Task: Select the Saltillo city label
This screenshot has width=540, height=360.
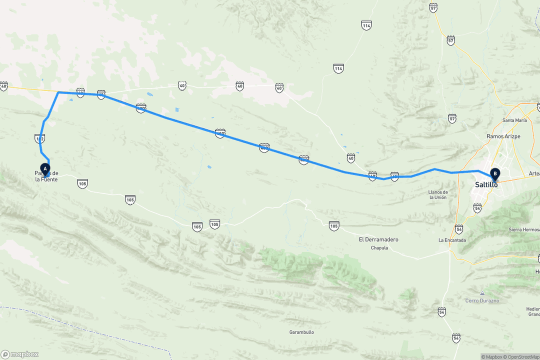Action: point(486,184)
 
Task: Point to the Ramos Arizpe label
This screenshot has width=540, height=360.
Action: point(500,136)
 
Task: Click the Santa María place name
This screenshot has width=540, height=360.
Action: point(514,120)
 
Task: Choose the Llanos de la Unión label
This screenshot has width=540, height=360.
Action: point(437,194)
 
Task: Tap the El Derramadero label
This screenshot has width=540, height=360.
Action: point(378,239)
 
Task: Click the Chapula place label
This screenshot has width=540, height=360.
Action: point(379,248)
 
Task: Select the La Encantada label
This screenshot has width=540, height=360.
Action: point(452,240)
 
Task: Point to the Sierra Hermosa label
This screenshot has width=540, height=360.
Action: point(523,229)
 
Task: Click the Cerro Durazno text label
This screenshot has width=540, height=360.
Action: point(482,300)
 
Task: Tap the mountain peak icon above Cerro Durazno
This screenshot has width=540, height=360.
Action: point(482,293)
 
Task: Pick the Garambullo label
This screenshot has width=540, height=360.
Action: point(301,332)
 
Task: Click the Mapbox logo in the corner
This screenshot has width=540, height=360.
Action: point(20,354)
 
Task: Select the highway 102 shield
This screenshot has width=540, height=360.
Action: point(40,137)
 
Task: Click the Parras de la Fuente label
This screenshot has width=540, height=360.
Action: point(46,176)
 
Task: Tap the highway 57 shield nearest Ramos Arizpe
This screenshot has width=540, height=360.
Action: point(452,118)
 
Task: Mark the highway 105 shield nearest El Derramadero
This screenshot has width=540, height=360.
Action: point(334,225)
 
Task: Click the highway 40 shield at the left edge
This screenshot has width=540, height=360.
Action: point(4,86)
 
